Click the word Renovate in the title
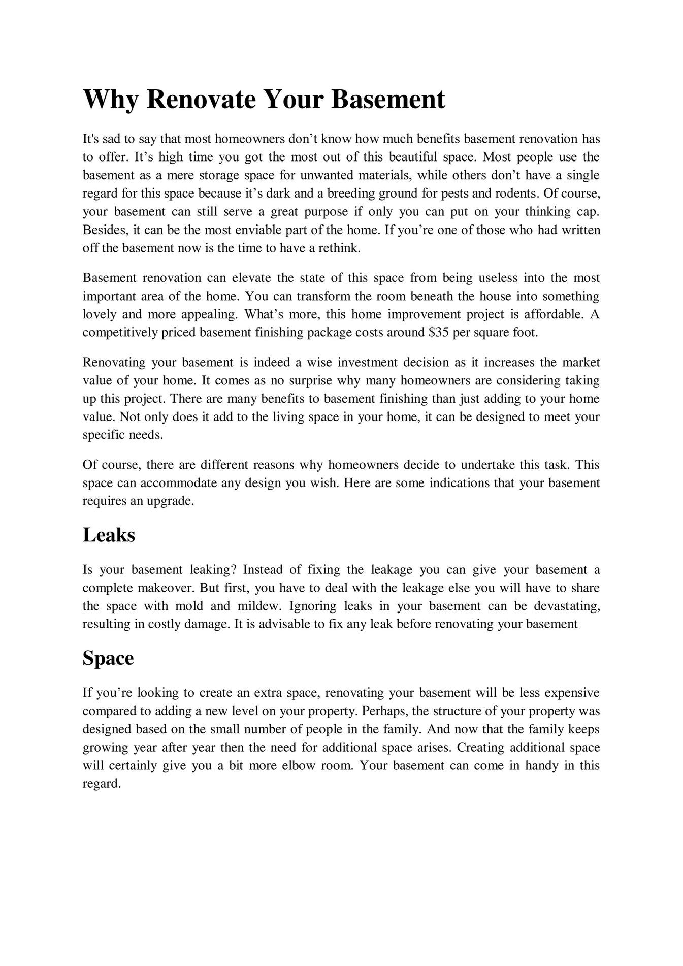pyautogui.click(x=201, y=99)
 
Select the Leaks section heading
pyautogui.click(x=109, y=535)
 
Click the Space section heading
pyautogui.click(x=108, y=658)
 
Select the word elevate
pyautogui.click(x=251, y=278)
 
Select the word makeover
pyautogui.click(x=166, y=588)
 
